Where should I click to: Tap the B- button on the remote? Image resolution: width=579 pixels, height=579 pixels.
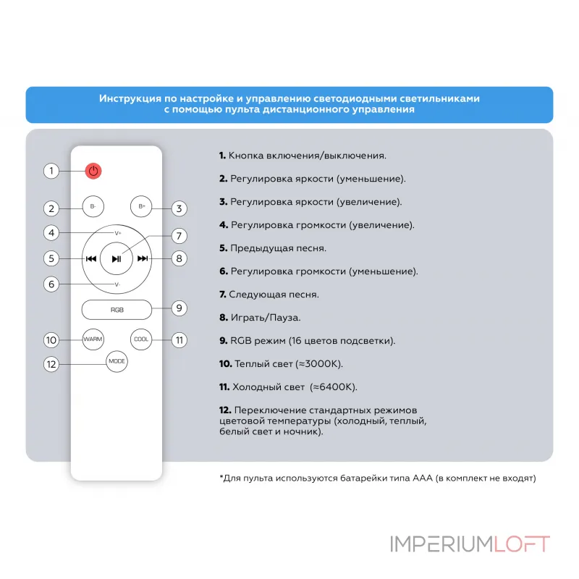[93, 206]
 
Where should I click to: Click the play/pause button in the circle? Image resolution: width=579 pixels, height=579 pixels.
[117, 258]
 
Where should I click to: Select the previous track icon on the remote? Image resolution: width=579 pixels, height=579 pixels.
[91, 258]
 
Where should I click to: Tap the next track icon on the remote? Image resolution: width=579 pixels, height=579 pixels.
[143, 258]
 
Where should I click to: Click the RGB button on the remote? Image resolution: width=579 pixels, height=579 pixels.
[117, 309]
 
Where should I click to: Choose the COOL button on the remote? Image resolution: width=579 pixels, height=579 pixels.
[140, 339]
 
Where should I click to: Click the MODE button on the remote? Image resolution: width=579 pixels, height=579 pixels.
[117, 360]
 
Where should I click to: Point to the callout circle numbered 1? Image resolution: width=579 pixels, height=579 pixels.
[51, 172]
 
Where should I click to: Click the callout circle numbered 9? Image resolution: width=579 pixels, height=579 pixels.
[179, 308]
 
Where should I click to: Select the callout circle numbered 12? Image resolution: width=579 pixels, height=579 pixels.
[51, 364]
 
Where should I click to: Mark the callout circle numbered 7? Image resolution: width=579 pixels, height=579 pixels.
[179, 236]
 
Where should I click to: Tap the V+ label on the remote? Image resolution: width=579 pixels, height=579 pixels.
[118, 233]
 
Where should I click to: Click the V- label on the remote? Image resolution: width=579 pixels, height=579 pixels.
[117, 284]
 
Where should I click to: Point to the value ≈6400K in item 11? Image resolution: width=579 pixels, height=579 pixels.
[334, 386]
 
